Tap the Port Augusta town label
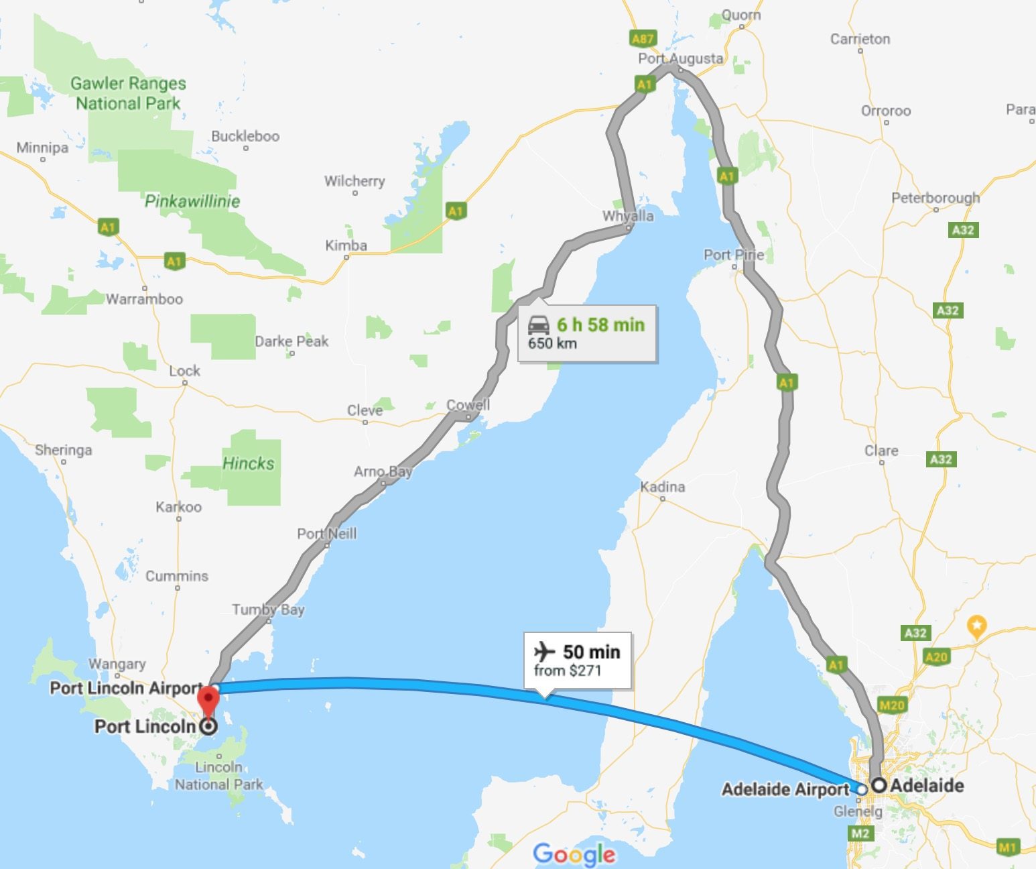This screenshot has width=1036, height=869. click(x=680, y=58)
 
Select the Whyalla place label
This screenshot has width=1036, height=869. click(x=627, y=216)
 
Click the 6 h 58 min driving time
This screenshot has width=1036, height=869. click(x=600, y=325)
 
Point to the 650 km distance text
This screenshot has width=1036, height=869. click(x=552, y=344)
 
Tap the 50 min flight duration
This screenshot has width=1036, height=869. click(x=591, y=652)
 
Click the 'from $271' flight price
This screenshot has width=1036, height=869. click(x=567, y=671)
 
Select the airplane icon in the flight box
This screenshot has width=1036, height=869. click(x=545, y=651)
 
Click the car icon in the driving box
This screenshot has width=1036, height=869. click(x=538, y=325)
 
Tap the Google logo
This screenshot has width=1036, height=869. click(x=574, y=854)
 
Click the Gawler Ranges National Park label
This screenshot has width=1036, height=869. click(x=128, y=93)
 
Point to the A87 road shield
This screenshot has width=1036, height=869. click(x=642, y=38)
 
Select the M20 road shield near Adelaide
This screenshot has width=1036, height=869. click(x=891, y=705)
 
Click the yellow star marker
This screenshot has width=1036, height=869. click(x=977, y=626)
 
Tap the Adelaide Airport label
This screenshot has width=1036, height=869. click(x=785, y=789)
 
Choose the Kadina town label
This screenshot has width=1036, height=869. click(x=662, y=487)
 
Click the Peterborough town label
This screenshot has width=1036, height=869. click(x=935, y=198)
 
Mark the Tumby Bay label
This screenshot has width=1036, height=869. click(x=268, y=610)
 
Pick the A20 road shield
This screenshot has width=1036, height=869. click(x=935, y=656)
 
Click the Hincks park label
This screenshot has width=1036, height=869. click(x=248, y=463)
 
